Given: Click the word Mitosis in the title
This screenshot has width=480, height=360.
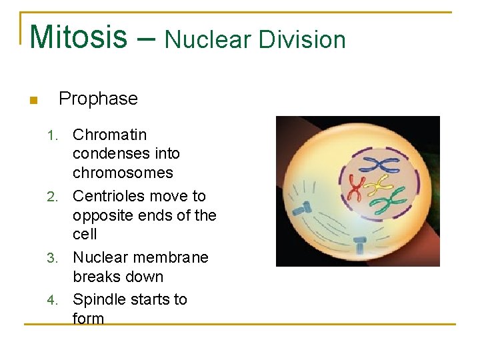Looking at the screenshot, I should [78, 37].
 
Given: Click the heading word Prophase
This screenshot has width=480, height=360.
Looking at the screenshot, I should [98, 99].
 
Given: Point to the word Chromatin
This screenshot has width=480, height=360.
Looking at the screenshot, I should [109, 135].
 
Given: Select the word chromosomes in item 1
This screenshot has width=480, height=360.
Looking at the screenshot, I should [123, 173].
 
